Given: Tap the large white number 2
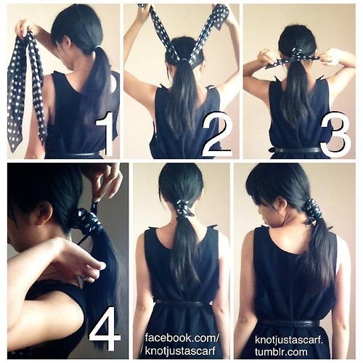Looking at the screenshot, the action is click(217, 134).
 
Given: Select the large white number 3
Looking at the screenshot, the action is click(335, 134).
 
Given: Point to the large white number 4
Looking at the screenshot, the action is click(105, 328).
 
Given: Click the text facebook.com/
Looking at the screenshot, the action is click(182, 338).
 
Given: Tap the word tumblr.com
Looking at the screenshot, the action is click(281, 351).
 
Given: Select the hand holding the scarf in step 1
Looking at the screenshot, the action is click(24, 28).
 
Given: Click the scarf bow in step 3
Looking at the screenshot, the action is click(294, 58).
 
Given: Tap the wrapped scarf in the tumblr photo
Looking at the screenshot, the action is click(312, 211).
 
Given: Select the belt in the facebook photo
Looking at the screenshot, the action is click(184, 303).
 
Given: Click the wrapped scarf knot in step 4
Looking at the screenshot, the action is click(89, 220).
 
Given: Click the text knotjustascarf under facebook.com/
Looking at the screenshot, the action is click(180, 351).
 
